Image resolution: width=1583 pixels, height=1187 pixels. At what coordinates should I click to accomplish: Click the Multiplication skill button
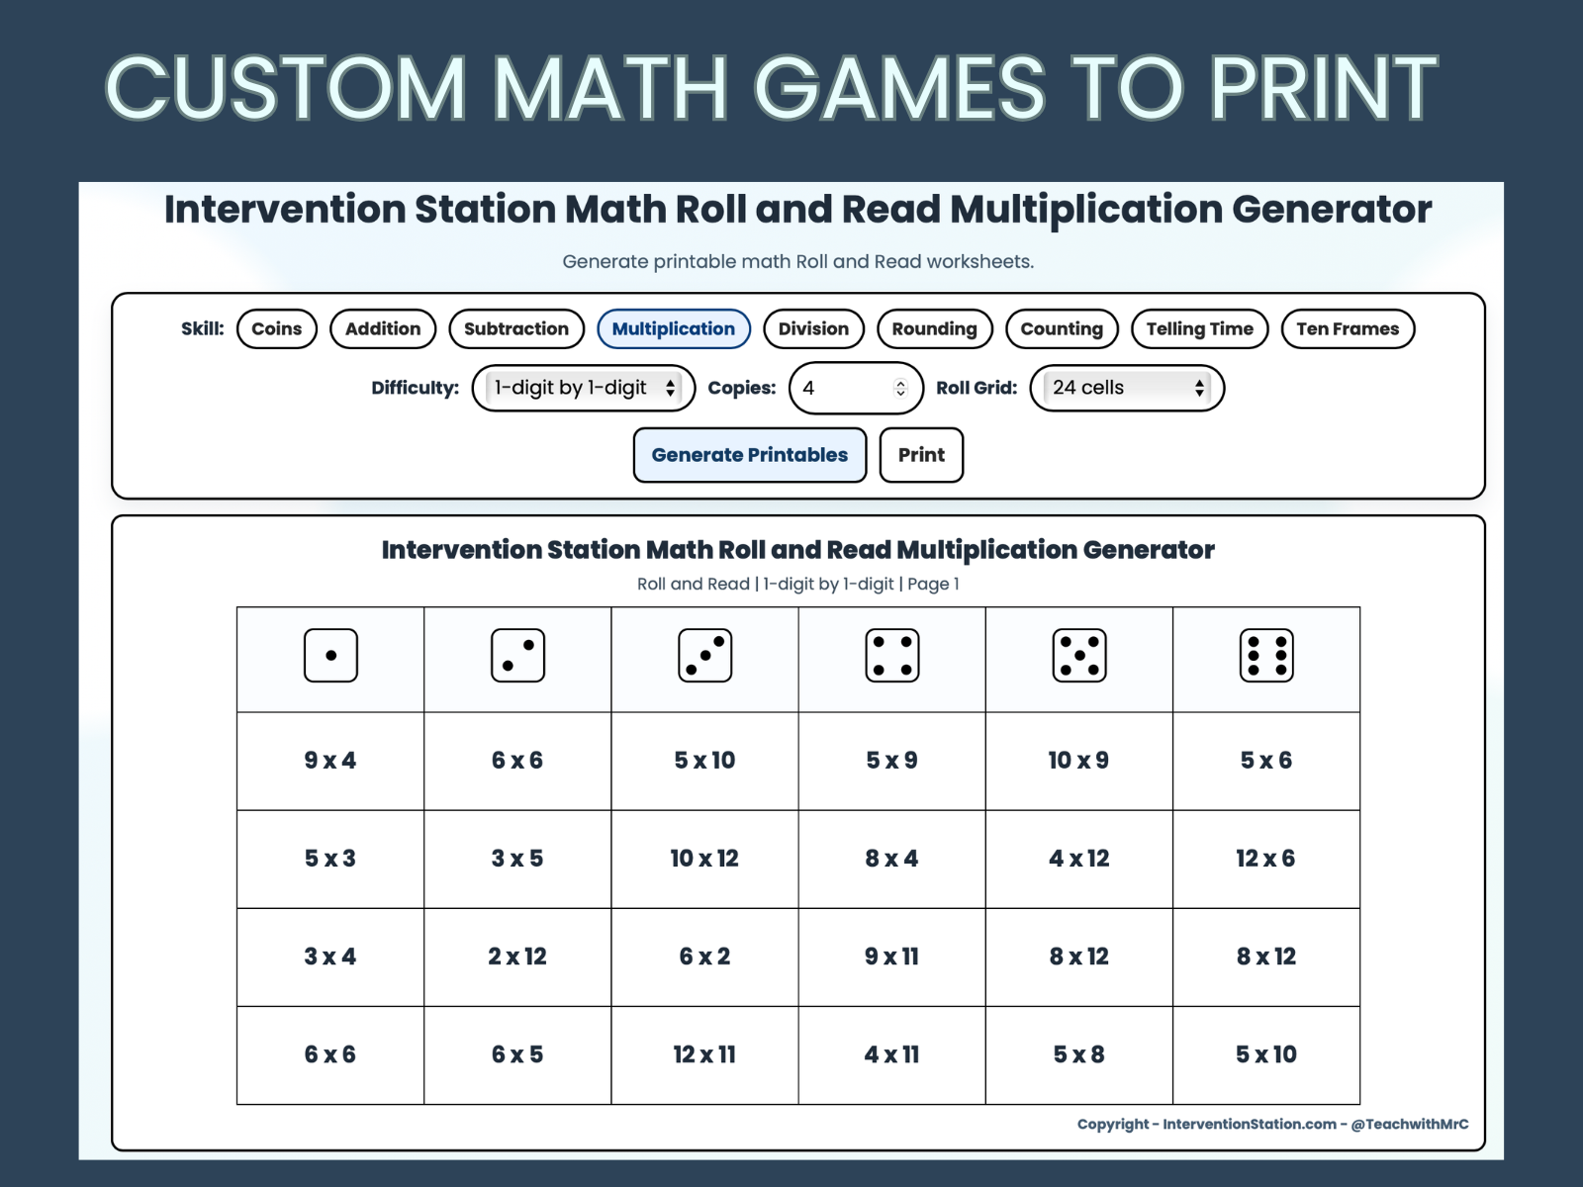pyautogui.click(x=673, y=329)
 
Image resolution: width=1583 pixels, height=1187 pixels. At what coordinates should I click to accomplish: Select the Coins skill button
pyautogui.click(x=276, y=329)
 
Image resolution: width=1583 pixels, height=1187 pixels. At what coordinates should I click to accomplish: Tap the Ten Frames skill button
pyautogui.click(x=1348, y=329)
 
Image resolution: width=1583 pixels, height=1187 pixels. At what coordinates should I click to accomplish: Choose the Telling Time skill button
pyautogui.click(x=1199, y=329)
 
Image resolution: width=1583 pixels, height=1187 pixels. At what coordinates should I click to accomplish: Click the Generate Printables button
pyautogui.click(x=749, y=455)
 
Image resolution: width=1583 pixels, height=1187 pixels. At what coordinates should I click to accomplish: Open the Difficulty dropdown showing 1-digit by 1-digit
pyautogui.click(x=584, y=388)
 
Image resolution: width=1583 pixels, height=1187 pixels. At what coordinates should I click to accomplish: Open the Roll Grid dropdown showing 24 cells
pyautogui.click(x=1127, y=388)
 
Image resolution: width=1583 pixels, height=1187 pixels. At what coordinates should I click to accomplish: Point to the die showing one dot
pyautogui.click(x=330, y=656)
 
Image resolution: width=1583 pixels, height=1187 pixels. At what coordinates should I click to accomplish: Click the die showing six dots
pyautogui.click(x=1266, y=656)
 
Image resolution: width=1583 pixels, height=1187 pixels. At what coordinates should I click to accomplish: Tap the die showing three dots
pyautogui.click(x=704, y=656)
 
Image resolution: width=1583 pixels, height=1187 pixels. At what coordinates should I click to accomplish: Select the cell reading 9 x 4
pyautogui.click(x=330, y=761)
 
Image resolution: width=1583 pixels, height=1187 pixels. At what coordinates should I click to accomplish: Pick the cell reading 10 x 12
pyautogui.click(x=704, y=859)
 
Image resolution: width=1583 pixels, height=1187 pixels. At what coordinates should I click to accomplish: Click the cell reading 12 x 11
pyautogui.click(x=704, y=1054)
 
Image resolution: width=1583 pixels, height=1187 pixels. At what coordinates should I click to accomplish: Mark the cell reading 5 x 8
pyautogui.click(x=1078, y=1054)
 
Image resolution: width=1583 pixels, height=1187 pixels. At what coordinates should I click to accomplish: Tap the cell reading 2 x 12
pyautogui.click(x=517, y=957)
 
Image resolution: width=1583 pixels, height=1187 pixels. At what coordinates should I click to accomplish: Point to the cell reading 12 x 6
pyautogui.click(x=1265, y=859)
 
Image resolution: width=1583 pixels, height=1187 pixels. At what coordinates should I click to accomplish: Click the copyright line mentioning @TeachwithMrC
pyautogui.click(x=1272, y=1124)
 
